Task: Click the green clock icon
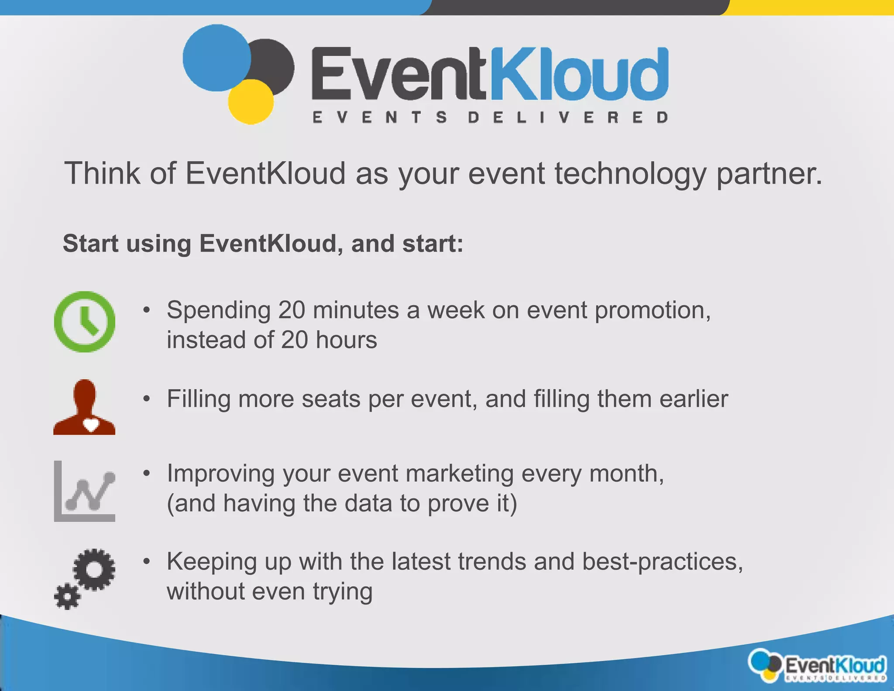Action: click(x=84, y=322)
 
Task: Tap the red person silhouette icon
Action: click(x=84, y=407)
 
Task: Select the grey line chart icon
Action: click(x=85, y=491)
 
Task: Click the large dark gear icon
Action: click(x=94, y=569)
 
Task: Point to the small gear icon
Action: click(x=67, y=596)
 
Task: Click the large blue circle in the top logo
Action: click(x=217, y=58)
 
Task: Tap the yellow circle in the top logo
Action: click(x=251, y=102)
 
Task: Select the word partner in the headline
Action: click(x=769, y=173)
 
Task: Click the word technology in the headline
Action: click(x=631, y=173)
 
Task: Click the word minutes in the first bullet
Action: click(x=356, y=310)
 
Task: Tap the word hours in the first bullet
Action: click(x=347, y=340)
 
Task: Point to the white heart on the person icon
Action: click(x=91, y=425)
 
